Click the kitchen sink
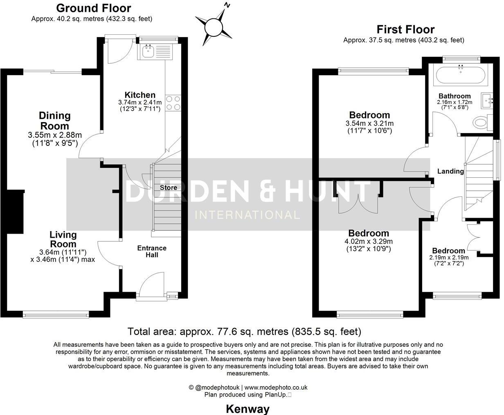coord(148,51)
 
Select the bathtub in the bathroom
coord(461,75)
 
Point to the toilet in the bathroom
coord(481,122)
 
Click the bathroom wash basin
coord(487,99)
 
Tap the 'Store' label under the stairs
coord(168,187)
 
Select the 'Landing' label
coord(450,171)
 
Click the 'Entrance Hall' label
coord(151,251)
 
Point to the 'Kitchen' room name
coord(140,95)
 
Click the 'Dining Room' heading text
coord(54,120)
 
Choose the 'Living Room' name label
coord(63,239)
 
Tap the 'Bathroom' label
coord(454,96)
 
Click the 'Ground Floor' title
coord(93,8)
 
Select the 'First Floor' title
coord(405,29)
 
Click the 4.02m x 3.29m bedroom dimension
coord(369,241)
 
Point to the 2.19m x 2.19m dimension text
coord(448,258)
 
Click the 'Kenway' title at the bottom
coord(248,408)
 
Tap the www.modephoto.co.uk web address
coord(276,387)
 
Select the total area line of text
coord(244,331)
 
